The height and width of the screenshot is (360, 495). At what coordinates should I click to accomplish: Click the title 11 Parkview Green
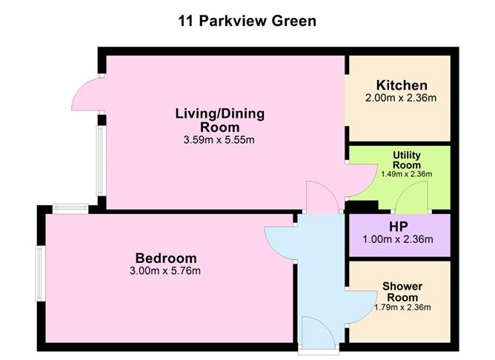pos(247,21)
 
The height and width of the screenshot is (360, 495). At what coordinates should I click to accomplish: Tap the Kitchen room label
pos(401,85)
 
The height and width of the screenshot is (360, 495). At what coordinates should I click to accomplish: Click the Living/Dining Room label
pos(219,120)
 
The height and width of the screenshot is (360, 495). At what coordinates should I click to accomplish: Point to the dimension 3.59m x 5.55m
pos(219,139)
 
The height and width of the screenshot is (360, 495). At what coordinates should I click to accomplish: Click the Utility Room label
pos(406,160)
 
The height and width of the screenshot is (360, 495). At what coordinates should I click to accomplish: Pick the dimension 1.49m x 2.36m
pos(406,174)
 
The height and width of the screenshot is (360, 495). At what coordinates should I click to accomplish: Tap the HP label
pos(400,227)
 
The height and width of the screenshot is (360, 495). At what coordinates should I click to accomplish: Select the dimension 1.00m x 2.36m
pos(400,239)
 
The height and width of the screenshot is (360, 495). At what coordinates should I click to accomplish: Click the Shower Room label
pos(401,292)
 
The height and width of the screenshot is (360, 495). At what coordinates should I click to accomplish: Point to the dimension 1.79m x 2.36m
pos(401,307)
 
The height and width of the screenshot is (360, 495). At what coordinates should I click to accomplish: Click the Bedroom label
pos(166,258)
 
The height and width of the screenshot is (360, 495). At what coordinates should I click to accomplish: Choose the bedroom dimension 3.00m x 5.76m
pos(166,271)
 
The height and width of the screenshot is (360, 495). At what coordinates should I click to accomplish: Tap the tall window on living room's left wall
pos(99,162)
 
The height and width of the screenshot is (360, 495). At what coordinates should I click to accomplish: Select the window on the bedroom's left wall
pos(41,274)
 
